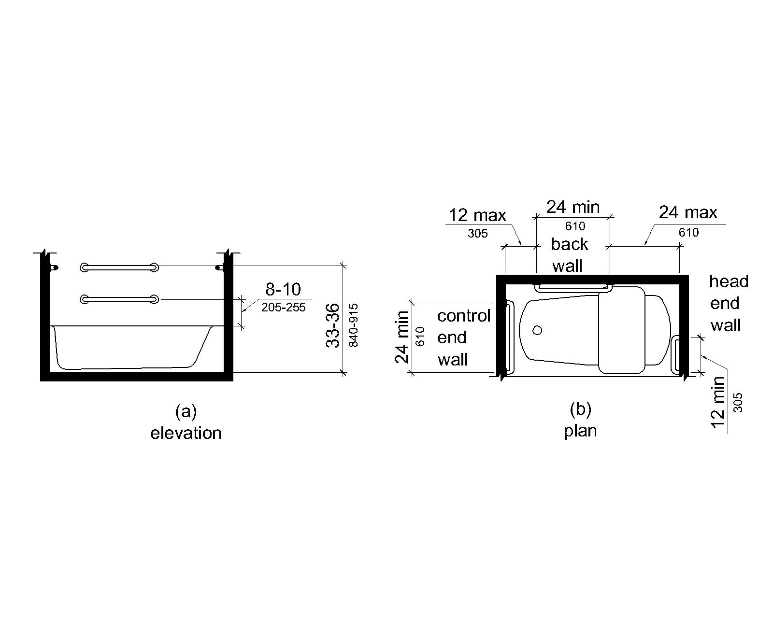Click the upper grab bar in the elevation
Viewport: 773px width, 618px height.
point(120,267)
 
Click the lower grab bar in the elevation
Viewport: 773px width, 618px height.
point(120,299)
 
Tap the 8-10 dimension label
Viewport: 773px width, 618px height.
point(283,289)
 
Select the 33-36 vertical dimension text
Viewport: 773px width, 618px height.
point(332,325)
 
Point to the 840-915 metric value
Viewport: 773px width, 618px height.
point(354,325)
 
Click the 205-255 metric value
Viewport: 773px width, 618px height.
point(284,308)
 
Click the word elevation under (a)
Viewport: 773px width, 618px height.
point(186,433)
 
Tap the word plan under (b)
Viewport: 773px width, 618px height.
point(580,431)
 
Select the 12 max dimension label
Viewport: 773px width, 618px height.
point(477,215)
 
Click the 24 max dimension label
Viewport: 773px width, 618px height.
point(688,212)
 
